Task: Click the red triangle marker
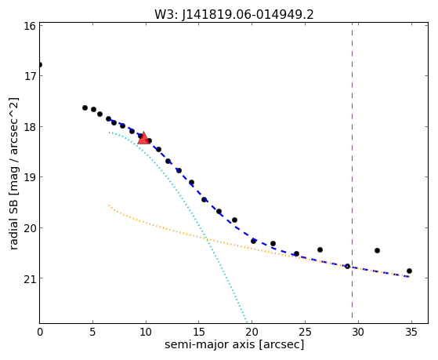tap(143, 138)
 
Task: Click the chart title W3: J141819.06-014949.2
tap(234, 14)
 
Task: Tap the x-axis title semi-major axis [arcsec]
tap(234, 344)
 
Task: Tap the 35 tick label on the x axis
tap(411, 332)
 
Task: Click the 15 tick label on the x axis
tap(198, 332)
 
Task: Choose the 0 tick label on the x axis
tap(40, 332)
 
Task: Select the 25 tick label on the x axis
tap(305, 332)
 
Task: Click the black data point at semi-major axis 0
tap(40, 65)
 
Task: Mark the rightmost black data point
tap(409, 271)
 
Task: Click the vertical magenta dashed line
tap(352, 170)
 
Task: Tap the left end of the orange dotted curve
tap(109, 205)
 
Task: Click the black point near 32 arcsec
tap(377, 250)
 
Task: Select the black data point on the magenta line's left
tap(347, 266)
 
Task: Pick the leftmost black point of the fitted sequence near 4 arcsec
tap(85, 107)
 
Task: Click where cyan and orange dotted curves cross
tap(206, 238)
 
